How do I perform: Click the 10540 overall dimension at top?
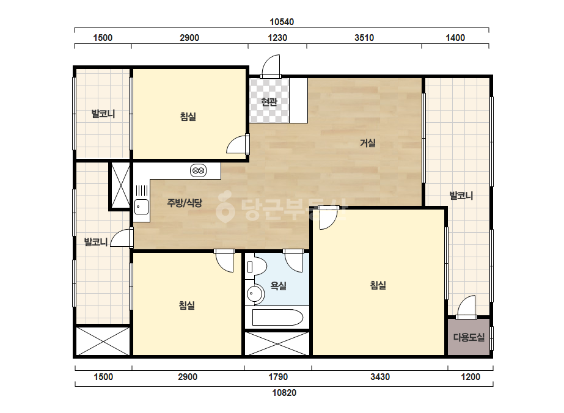(x=282, y=22)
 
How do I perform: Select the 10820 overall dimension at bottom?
(x=284, y=392)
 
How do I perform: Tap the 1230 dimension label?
(x=277, y=38)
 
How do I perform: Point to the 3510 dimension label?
(x=364, y=38)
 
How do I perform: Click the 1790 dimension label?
(x=278, y=377)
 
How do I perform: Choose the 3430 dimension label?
(x=380, y=377)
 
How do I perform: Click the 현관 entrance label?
(x=269, y=102)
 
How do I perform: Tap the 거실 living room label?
(x=368, y=143)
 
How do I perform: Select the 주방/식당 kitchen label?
(x=185, y=203)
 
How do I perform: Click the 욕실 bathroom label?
(x=278, y=286)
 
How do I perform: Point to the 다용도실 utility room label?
(x=469, y=337)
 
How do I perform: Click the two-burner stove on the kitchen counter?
(x=198, y=170)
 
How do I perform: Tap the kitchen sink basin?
(x=141, y=207)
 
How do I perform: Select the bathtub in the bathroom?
(x=277, y=317)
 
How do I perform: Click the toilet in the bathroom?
(x=256, y=266)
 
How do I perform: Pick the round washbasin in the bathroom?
(x=255, y=294)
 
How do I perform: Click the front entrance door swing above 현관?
(x=271, y=66)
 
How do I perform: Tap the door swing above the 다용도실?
(x=466, y=307)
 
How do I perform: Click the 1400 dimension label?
(x=455, y=38)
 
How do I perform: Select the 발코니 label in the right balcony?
(x=461, y=196)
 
